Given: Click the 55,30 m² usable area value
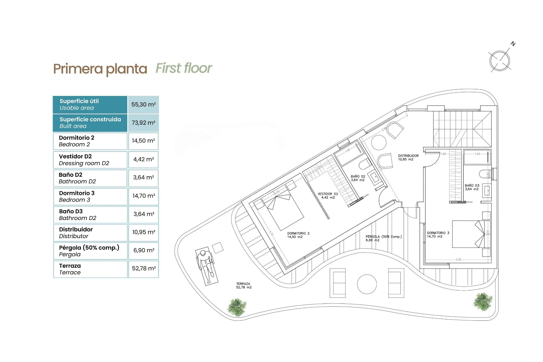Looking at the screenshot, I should point(143,105).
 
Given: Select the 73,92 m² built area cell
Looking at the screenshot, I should point(143,123).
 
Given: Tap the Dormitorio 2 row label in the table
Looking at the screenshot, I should point(77,141).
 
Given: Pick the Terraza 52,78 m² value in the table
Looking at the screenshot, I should point(144,268).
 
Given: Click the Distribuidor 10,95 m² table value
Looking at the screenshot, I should point(144,232).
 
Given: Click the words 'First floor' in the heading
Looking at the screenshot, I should point(184,68).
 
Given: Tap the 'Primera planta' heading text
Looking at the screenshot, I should point(100,69).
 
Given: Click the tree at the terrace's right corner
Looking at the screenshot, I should point(483,301).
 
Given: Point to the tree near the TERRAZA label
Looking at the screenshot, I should point(237,308).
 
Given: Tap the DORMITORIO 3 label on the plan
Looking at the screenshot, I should point(438,235).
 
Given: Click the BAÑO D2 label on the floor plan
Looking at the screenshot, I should point(358,178).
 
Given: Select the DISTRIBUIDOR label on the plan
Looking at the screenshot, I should point(408,158).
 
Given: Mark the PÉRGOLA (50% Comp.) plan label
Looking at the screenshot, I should point(383,238).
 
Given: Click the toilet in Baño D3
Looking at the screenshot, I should point(484,174).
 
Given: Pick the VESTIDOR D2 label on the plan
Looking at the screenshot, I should point(328,196).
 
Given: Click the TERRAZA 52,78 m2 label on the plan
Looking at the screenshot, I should point(244,285).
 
